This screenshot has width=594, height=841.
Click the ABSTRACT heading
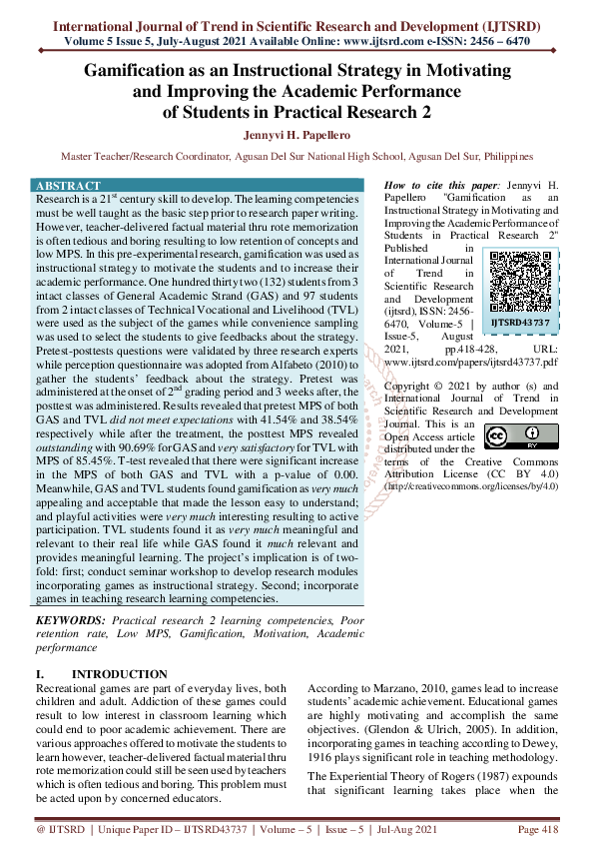coord(68,186)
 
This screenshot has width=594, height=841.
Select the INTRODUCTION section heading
coord(120,674)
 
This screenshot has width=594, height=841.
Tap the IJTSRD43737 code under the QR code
coord(518,323)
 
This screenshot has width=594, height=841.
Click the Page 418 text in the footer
coord(539,829)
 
